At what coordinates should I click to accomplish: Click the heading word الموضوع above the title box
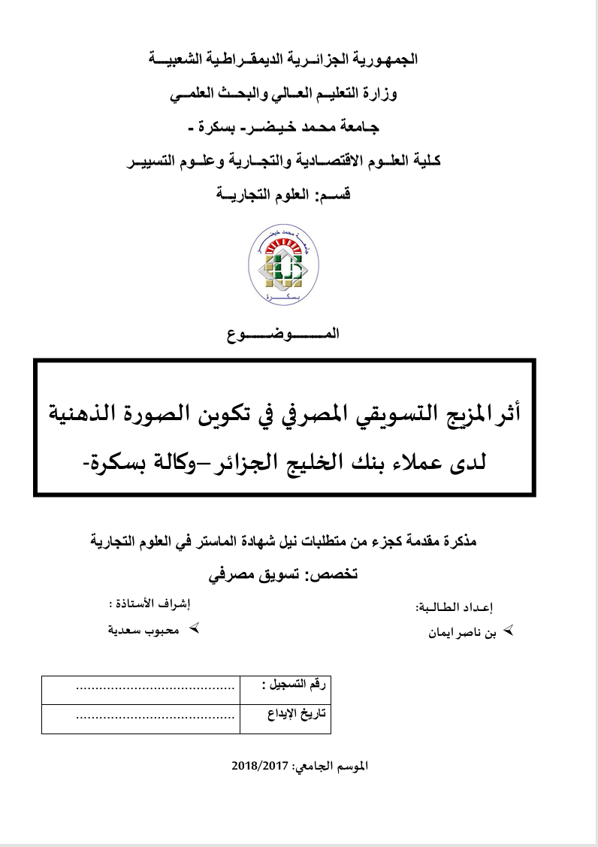(283, 334)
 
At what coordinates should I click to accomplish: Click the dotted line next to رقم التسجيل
(156, 687)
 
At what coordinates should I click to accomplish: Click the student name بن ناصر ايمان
(461, 632)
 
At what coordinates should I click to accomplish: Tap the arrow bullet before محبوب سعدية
(192, 627)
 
